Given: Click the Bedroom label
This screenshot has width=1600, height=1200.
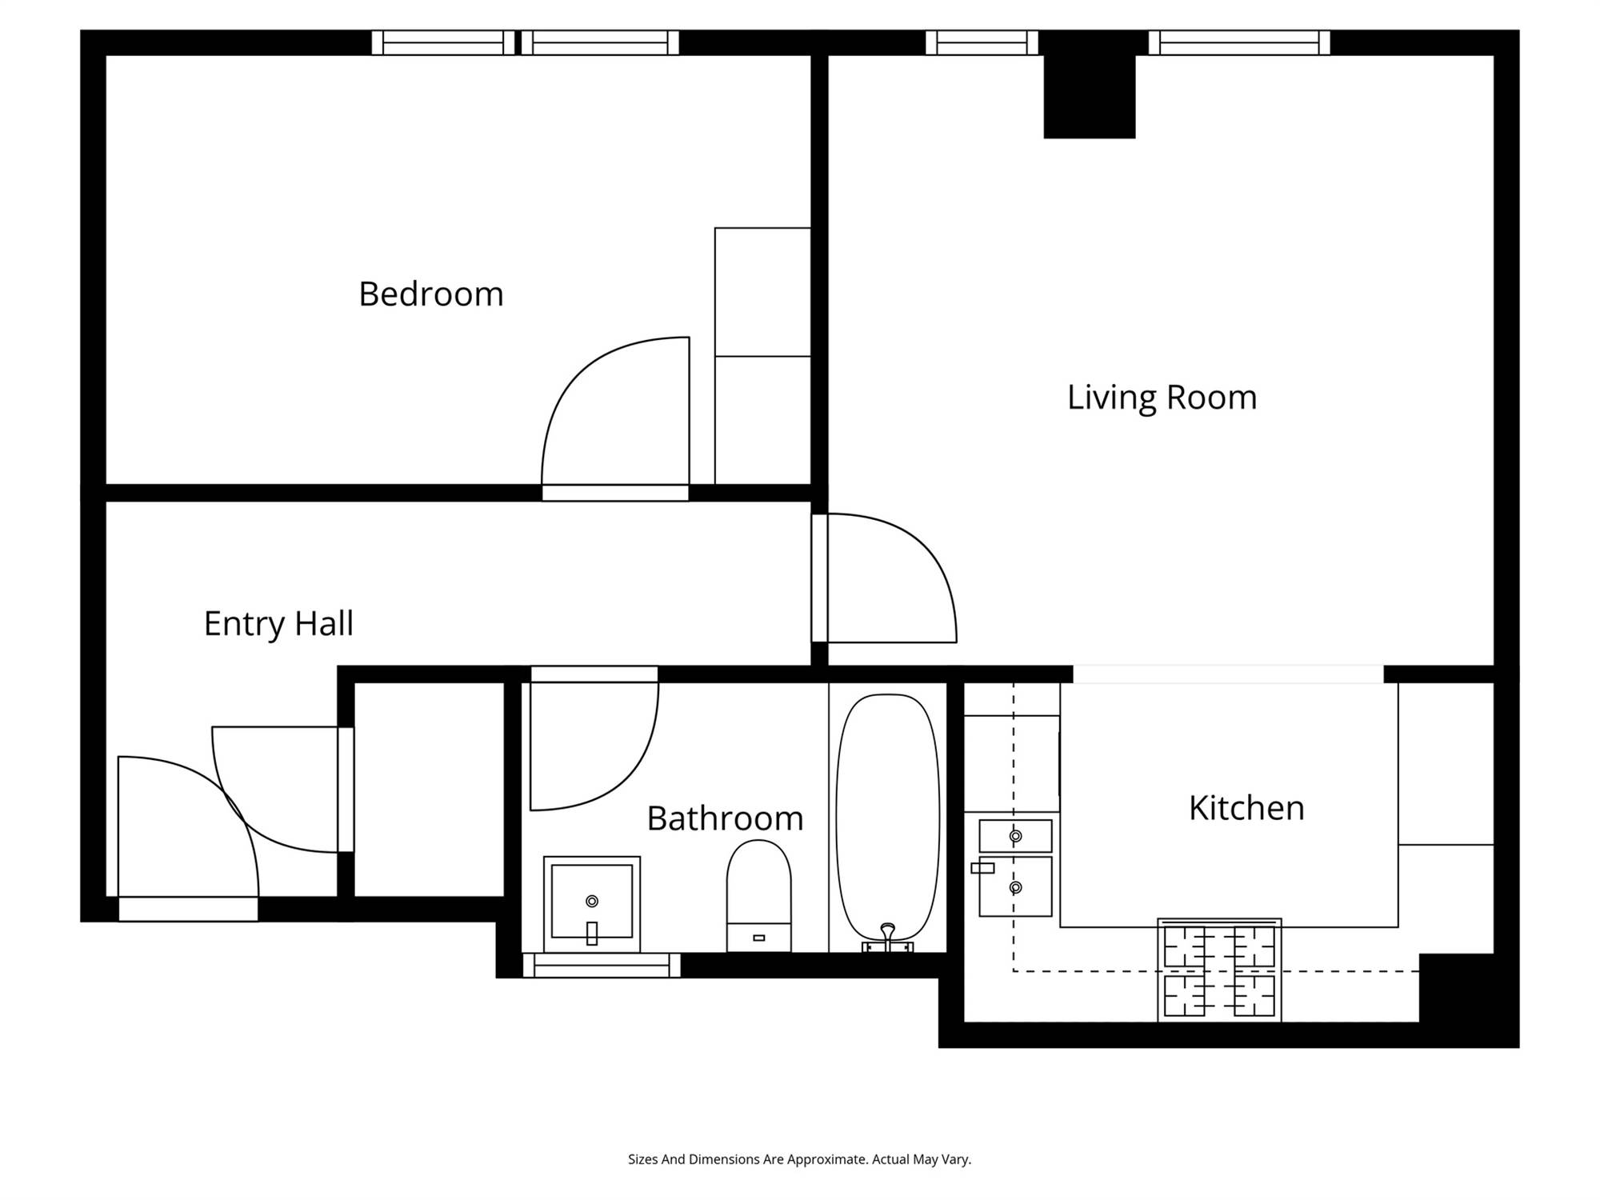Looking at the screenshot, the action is [431, 294].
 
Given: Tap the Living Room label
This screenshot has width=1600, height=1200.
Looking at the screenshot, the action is [1162, 398].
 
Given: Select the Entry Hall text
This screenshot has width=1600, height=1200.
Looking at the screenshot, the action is [278, 624].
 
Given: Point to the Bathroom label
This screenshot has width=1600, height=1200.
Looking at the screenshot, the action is [725, 818].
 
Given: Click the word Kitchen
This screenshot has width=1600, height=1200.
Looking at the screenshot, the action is [1246, 808].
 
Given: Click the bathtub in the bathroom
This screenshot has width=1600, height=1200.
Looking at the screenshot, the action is [887, 817].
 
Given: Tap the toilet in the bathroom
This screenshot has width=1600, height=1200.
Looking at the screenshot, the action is [758, 896].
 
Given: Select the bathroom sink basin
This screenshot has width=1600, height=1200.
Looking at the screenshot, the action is [592, 904].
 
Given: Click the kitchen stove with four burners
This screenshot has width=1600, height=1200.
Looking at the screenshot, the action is [1219, 970].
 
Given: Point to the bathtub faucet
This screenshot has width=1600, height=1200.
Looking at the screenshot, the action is [887, 938].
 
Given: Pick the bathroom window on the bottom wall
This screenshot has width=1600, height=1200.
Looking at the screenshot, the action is [602, 966].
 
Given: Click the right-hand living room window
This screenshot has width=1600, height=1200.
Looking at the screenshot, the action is [1239, 42].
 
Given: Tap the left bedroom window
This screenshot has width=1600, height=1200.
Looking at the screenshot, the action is [443, 42].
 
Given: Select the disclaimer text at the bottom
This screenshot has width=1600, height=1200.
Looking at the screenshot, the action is [799, 1159].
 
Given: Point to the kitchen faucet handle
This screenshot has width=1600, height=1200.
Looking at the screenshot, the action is [982, 868].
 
